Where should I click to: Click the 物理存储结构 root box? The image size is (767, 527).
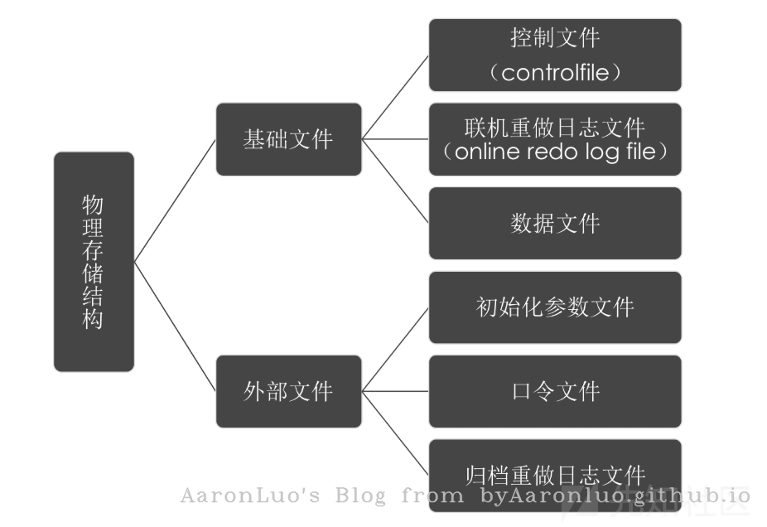(x=94, y=261)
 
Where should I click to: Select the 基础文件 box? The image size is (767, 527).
(x=288, y=138)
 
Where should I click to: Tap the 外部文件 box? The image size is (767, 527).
(x=288, y=391)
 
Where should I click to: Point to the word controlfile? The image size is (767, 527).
(x=555, y=72)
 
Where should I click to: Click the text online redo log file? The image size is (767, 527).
(x=555, y=153)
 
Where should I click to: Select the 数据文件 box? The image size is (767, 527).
(x=555, y=223)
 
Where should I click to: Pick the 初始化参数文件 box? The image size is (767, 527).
(x=555, y=307)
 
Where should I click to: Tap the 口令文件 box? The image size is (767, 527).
(x=555, y=391)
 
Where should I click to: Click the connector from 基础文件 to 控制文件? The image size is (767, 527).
(x=395, y=98)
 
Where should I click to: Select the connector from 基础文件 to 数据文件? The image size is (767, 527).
(x=395, y=181)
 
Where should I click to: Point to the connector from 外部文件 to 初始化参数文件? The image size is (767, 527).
(x=395, y=349)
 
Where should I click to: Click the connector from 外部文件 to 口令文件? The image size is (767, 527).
(x=395, y=391)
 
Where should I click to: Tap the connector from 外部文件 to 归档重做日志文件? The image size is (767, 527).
(x=395, y=433)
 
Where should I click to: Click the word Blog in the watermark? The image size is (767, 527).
(x=360, y=496)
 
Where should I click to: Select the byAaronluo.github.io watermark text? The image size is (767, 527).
(x=615, y=496)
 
